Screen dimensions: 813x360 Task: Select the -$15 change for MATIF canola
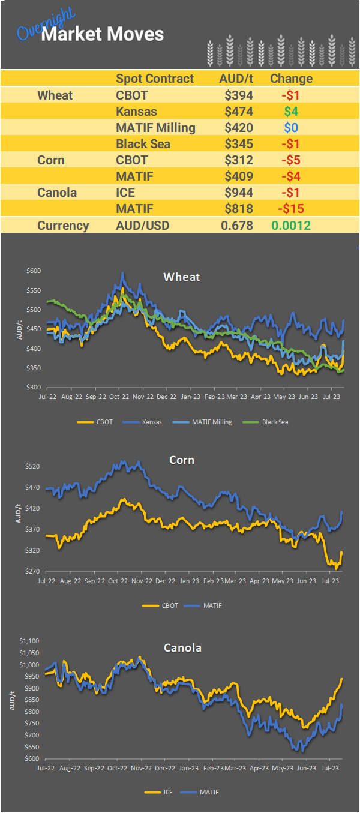click(x=291, y=209)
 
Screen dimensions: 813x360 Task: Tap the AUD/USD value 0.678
click(x=237, y=226)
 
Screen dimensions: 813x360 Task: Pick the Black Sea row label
click(x=143, y=144)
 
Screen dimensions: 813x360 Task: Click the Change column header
click(x=291, y=79)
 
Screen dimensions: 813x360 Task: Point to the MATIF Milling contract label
click(x=155, y=128)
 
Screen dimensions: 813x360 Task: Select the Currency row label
click(x=63, y=226)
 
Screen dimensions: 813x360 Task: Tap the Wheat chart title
click(x=181, y=277)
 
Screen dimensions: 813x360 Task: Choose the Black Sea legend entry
click(x=275, y=422)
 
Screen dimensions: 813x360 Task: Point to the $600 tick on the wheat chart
click(x=33, y=271)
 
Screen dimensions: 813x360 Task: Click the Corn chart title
click(x=182, y=460)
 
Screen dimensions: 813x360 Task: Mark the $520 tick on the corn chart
click(x=33, y=466)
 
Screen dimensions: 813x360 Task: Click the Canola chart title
click(x=182, y=648)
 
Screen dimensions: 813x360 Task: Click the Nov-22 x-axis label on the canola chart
click(x=142, y=768)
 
